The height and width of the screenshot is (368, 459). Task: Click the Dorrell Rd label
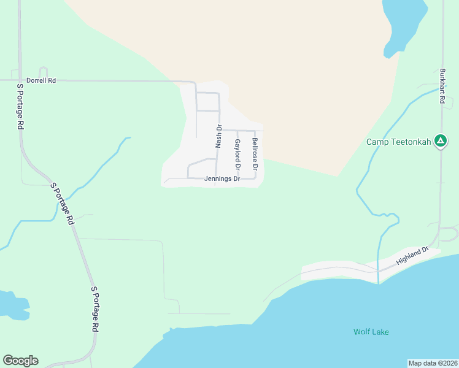[x=41, y=80]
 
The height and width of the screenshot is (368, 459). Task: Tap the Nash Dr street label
[x=218, y=136]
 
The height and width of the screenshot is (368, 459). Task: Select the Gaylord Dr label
[x=237, y=155]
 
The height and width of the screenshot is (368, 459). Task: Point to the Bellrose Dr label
[x=255, y=154]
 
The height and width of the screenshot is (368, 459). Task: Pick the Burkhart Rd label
[x=442, y=85]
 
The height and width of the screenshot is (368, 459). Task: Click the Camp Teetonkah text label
[x=399, y=142]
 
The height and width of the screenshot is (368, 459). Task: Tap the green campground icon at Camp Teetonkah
[x=440, y=142]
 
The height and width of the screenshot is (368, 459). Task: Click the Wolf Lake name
[x=371, y=332]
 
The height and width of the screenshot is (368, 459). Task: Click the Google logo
[x=20, y=361]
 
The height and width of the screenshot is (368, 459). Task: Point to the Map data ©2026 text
[x=433, y=363]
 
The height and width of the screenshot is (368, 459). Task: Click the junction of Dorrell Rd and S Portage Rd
[x=20, y=80]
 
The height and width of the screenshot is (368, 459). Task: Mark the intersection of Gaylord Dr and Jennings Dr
[x=237, y=178]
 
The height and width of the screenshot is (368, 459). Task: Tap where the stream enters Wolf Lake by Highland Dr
[x=379, y=283]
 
